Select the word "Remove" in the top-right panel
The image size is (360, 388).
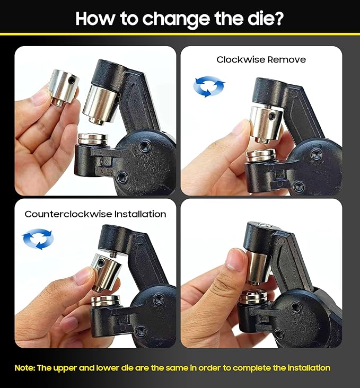click(286, 60)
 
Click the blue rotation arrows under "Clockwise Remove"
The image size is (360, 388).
click(209, 86)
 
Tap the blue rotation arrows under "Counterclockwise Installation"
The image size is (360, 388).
click(38, 239)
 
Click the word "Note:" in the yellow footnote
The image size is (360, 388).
click(25, 368)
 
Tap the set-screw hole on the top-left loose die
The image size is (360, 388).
click(72, 81)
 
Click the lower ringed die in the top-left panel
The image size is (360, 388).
click(93, 139)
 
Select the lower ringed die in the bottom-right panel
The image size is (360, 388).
click(253, 298)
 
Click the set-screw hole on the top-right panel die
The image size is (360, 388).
click(272, 115)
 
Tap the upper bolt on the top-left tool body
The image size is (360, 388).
click(143, 147)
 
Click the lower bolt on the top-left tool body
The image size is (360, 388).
click(122, 177)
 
